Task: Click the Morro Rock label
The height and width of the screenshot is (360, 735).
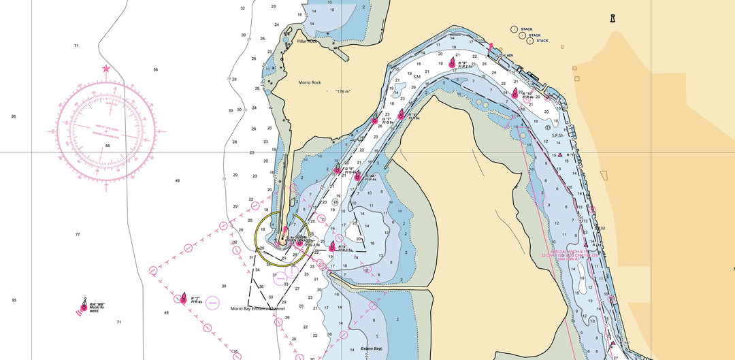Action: coord(310,82)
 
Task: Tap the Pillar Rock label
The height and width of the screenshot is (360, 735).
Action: coord(307,42)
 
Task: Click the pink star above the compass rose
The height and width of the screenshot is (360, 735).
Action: coord(105,69)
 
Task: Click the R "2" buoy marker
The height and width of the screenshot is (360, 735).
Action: coord(183,298)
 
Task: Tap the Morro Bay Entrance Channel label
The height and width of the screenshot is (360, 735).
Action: coord(257,308)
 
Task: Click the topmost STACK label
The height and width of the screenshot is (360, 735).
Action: coord(527,29)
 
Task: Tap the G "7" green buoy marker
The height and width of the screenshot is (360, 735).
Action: coord(375,120)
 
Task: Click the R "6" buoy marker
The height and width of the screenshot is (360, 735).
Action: coord(401,114)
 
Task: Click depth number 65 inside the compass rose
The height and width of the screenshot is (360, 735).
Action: coord(107,146)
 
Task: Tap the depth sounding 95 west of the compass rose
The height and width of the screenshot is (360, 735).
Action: coord(14,116)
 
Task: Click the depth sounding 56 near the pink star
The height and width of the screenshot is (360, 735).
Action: coord(155,69)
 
